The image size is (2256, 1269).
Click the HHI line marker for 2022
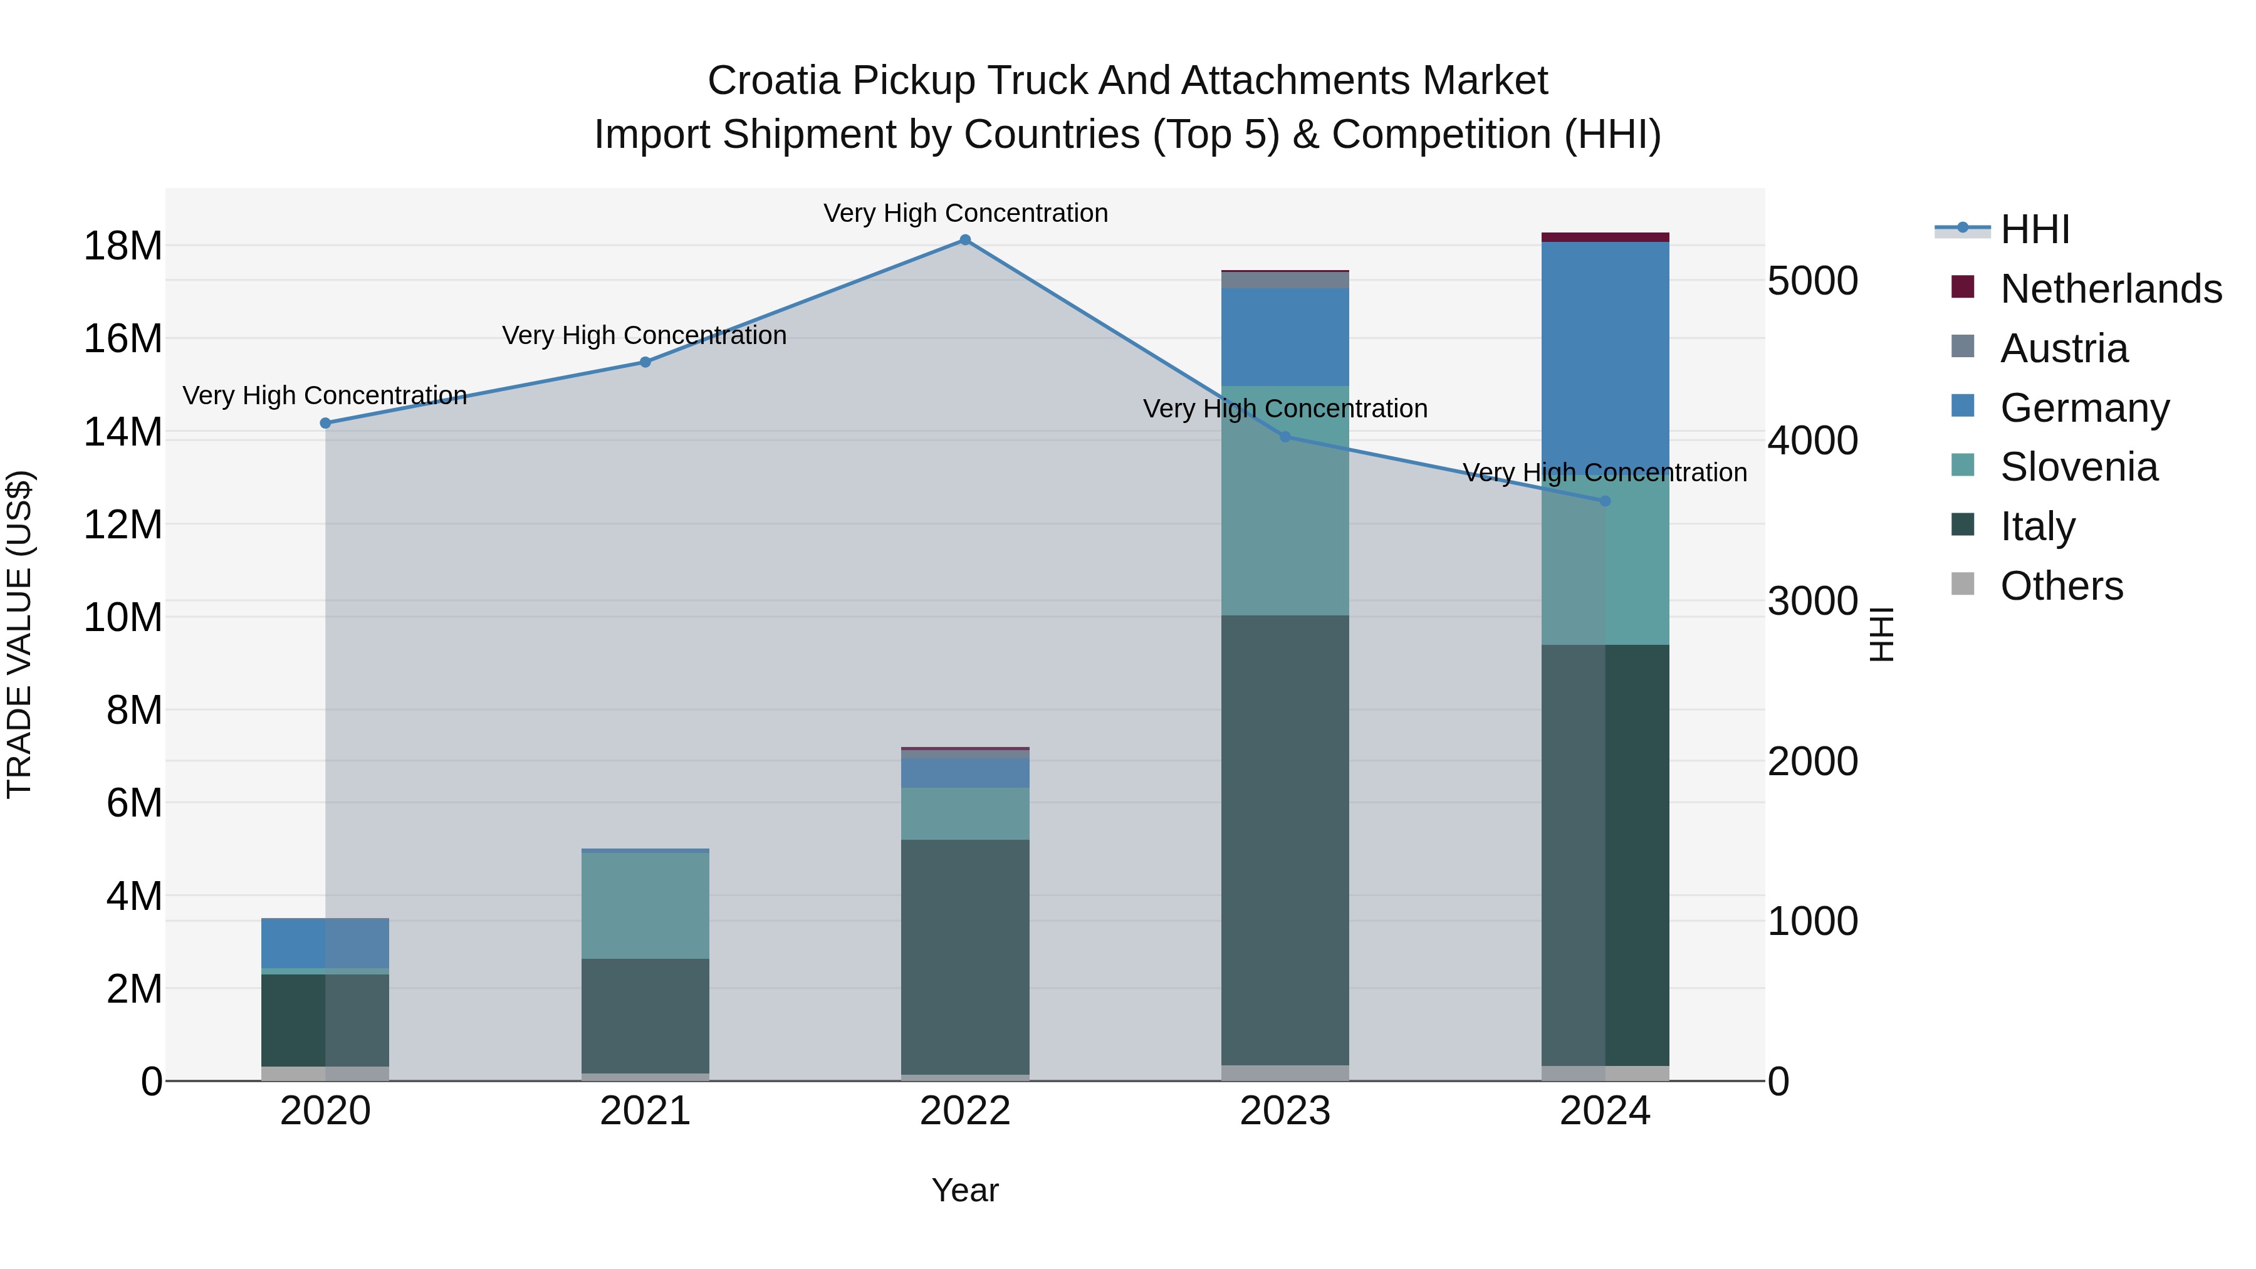[965, 240]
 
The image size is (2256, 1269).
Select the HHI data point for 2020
[325, 423]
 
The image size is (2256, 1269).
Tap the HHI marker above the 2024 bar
[1606, 501]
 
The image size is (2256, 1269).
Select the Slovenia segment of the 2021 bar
[645, 905]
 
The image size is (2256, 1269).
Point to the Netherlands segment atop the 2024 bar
[1606, 238]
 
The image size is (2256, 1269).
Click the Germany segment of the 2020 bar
[325, 943]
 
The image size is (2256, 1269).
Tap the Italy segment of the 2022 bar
[965, 956]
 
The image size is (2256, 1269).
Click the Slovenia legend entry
[2078, 467]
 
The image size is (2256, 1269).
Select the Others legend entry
[2060, 586]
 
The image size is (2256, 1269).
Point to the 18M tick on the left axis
[123, 246]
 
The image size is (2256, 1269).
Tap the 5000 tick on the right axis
[1812, 281]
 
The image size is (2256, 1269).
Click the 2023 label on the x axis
[1285, 1111]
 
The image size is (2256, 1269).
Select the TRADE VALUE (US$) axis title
[19, 634]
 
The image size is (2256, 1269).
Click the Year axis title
[965, 1190]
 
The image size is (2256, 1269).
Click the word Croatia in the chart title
[773, 81]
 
